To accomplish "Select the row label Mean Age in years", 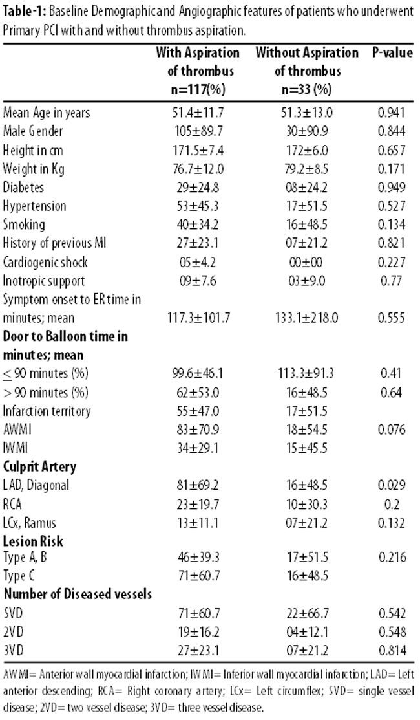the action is (x=47, y=113).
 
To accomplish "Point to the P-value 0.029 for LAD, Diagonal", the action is (x=392, y=485).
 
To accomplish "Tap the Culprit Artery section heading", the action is (x=40, y=467).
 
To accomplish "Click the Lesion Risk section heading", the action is (x=33, y=541).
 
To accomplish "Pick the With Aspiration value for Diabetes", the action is (x=199, y=188).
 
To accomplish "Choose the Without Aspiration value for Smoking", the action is (x=308, y=224).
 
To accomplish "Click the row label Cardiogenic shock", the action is (x=45, y=262).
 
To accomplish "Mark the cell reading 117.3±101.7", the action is (x=199, y=318).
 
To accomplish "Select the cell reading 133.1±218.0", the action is (x=308, y=318).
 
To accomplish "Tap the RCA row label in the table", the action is (x=12, y=504).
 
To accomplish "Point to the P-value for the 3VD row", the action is (x=392, y=651).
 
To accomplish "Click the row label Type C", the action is (x=19, y=575).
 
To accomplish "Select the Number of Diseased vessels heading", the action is (x=78, y=595).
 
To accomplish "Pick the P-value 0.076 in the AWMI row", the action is (x=392, y=430).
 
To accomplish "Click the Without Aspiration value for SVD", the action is (x=308, y=613).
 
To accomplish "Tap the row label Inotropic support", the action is (x=44, y=281).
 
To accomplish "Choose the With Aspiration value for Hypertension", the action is (x=199, y=206).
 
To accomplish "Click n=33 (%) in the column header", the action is (x=306, y=89).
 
